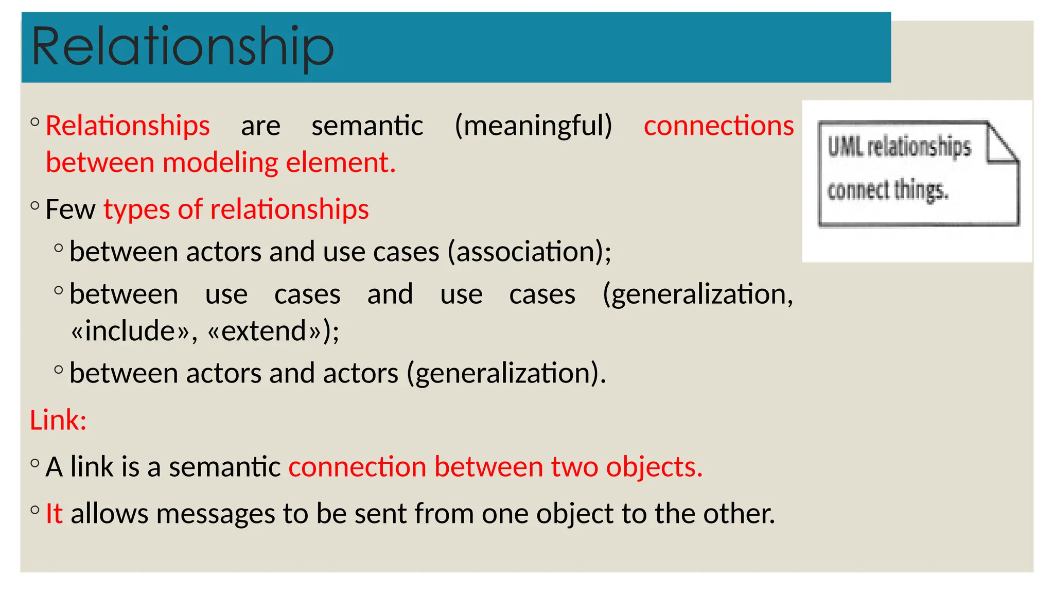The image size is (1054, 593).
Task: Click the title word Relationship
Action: pyautogui.click(x=183, y=47)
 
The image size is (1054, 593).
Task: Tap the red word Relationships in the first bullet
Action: pyautogui.click(x=128, y=126)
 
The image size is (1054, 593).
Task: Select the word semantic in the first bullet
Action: pyautogui.click(x=367, y=126)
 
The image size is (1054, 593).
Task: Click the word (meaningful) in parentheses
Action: pyautogui.click(x=533, y=126)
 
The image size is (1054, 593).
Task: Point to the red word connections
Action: pyautogui.click(x=718, y=126)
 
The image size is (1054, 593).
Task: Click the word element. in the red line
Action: pyautogui.click(x=341, y=163)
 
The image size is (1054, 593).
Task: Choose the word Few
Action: pyautogui.click(x=70, y=210)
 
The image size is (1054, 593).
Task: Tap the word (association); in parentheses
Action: pyautogui.click(x=529, y=252)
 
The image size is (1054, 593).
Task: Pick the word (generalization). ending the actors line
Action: pyautogui.click(x=506, y=373)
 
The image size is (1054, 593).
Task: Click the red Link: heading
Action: pyautogui.click(x=58, y=420)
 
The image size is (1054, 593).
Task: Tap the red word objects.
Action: pyautogui.click(x=654, y=467)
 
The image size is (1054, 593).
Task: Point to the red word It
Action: pyautogui.click(x=54, y=514)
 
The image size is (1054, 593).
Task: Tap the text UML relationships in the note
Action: pyautogui.click(x=899, y=147)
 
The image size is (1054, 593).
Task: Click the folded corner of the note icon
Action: pyautogui.click(x=1003, y=144)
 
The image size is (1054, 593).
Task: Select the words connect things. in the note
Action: pyautogui.click(x=887, y=190)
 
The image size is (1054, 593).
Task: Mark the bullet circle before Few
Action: pyautogui.click(x=35, y=206)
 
